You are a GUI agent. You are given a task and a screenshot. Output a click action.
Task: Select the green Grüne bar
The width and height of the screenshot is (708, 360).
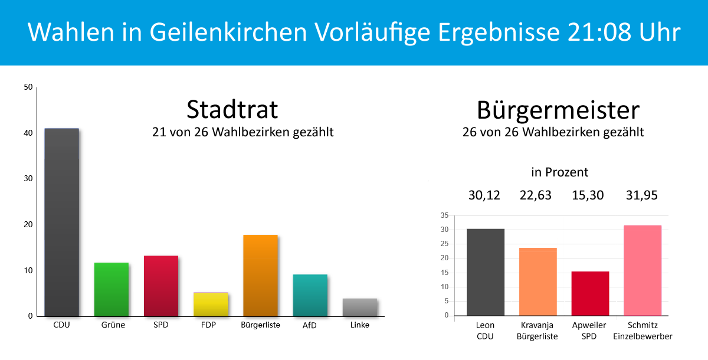point(112,289)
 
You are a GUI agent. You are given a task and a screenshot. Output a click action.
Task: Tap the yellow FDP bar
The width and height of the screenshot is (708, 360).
point(211,304)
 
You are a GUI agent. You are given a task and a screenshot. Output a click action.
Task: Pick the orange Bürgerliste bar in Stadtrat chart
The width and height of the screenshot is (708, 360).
point(260,276)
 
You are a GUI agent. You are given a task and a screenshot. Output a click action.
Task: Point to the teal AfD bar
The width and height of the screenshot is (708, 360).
point(310,295)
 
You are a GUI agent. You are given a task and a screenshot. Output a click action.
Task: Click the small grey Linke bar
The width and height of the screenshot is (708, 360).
point(359,307)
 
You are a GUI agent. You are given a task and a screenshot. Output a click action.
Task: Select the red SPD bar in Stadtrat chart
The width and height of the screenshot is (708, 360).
point(161,286)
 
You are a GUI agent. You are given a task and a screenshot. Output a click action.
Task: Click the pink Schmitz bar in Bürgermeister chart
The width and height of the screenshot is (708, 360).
point(643,270)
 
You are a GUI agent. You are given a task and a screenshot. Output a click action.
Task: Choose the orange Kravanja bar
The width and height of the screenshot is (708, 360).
point(537,282)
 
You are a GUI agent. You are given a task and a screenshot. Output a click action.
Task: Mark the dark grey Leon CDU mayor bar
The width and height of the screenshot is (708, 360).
point(485,272)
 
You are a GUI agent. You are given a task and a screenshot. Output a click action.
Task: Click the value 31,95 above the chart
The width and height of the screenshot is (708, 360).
point(642,195)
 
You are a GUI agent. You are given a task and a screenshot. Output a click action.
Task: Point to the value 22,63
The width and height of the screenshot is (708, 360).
point(535,195)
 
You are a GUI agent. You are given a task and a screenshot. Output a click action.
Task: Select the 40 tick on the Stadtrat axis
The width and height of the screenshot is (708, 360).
point(28,133)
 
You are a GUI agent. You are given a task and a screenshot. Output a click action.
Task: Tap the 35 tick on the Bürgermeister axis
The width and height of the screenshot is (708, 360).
point(444,215)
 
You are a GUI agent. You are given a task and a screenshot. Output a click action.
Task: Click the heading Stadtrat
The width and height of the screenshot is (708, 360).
point(232,110)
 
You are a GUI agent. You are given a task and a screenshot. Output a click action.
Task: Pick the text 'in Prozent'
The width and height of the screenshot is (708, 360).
point(560,172)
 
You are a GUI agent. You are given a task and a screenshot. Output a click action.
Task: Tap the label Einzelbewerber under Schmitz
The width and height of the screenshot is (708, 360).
point(643,336)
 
